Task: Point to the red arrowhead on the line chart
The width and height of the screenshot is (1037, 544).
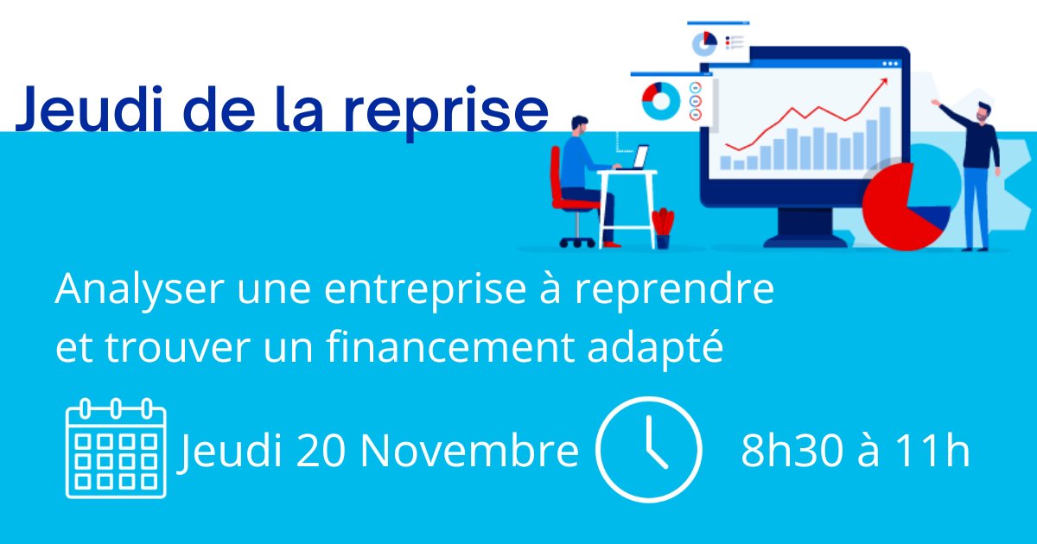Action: pos(882,82)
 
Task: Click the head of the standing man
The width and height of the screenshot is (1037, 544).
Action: pos(983,111)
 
